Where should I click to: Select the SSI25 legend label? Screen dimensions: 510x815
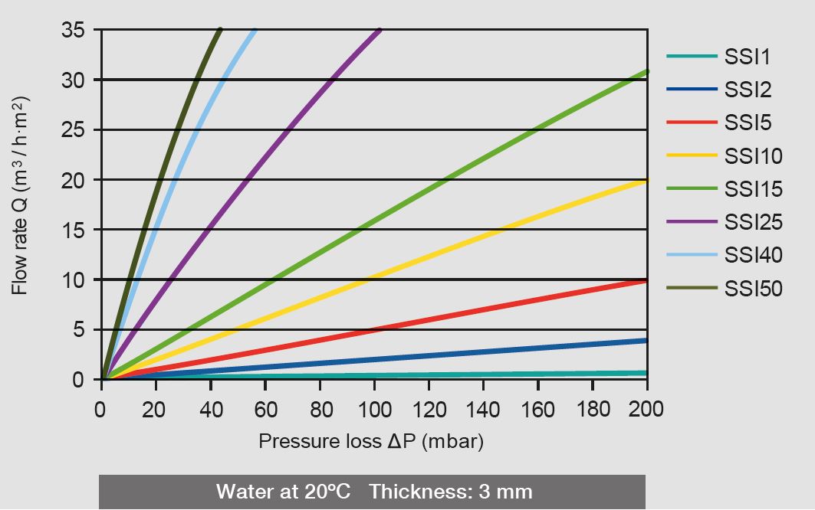753,222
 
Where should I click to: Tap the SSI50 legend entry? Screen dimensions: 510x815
753,289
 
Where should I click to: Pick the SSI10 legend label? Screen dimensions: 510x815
753,156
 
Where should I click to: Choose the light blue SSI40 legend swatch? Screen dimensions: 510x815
692,255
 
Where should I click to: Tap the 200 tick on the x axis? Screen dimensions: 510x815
646,410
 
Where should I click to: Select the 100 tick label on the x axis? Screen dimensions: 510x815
374,410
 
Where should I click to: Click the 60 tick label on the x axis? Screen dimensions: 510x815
265,410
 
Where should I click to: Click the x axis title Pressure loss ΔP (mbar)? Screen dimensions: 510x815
371,442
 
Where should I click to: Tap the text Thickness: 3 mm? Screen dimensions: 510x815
450,491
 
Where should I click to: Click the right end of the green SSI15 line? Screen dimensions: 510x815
646,72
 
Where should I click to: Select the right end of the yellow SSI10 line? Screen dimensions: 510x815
646,181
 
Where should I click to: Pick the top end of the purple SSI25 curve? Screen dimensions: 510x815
380,30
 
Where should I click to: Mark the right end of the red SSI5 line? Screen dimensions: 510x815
646,281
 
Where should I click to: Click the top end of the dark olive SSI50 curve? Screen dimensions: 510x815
220,30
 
